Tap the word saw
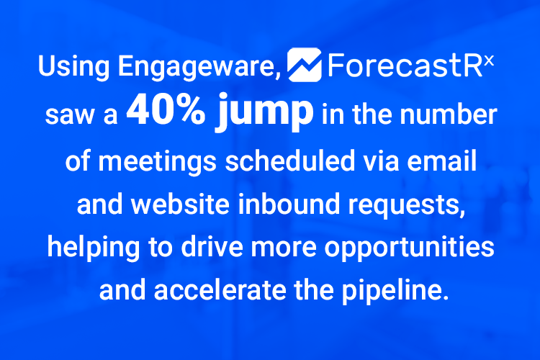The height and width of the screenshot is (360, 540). click(68, 116)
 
